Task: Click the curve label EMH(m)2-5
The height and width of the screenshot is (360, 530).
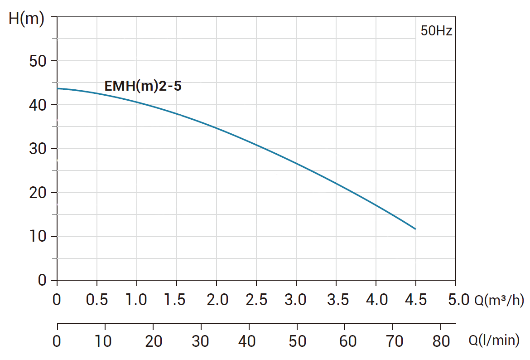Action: click(x=143, y=86)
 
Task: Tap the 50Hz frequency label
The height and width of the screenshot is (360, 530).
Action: click(x=436, y=31)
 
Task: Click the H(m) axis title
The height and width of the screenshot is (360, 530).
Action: click(x=26, y=19)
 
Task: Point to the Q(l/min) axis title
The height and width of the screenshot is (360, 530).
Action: click(x=494, y=341)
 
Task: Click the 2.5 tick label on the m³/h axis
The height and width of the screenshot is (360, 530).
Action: click(x=256, y=300)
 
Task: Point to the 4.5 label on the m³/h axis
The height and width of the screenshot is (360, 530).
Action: click(x=415, y=300)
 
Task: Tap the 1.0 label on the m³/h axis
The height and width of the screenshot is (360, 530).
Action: click(x=136, y=300)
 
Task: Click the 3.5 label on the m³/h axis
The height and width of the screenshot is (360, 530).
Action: click(x=336, y=300)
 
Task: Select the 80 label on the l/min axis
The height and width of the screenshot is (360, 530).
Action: click(x=440, y=341)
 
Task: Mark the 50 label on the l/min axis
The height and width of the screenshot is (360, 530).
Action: click(x=297, y=341)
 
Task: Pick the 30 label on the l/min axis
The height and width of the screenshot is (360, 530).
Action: click(x=201, y=341)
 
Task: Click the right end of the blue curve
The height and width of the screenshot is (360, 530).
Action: click(x=415, y=229)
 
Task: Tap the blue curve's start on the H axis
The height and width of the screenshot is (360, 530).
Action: click(x=58, y=88)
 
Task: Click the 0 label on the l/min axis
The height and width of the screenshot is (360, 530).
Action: click(x=57, y=341)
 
